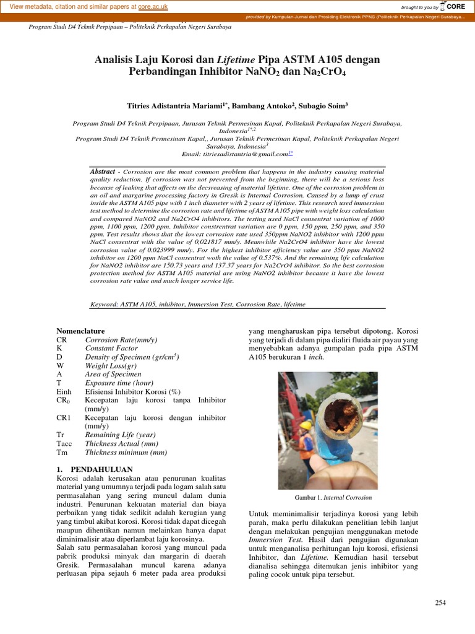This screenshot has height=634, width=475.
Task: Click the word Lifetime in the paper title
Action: tap(237, 59)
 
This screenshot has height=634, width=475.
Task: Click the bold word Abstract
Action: tap(103, 171)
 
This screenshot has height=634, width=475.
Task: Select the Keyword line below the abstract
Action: tap(198, 304)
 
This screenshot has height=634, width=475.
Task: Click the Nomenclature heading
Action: tap(80, 331)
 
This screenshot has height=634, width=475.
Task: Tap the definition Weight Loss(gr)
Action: tap(111, 365)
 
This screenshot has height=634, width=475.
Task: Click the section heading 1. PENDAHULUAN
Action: tap(95, 469)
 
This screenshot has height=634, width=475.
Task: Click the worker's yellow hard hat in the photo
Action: tap(306, 425)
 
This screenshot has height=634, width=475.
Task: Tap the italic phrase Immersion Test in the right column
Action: tap(270, 539)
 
